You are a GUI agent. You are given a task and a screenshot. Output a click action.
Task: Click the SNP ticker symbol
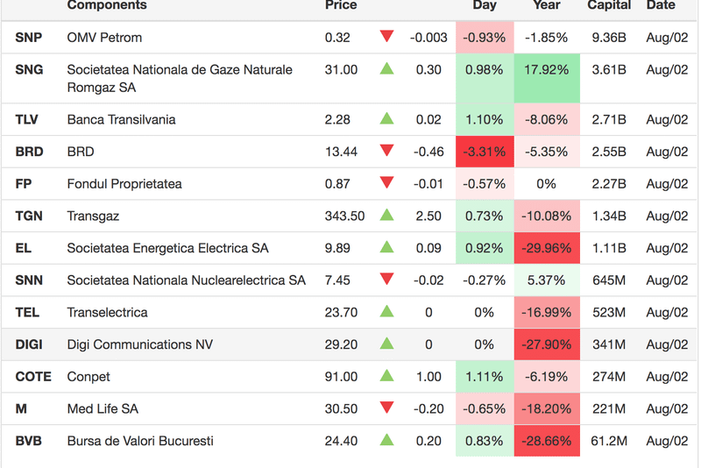[x=29, y=38]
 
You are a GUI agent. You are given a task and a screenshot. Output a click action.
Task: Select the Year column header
[x=546, y=5]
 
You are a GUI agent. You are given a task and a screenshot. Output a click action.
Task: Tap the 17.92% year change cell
[x=546, y=70]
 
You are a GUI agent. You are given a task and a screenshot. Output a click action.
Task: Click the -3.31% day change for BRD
[x=484, y=152]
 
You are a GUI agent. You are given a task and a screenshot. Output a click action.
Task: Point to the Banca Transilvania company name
[x=121, y=120]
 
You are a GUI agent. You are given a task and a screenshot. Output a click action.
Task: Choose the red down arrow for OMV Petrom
[x=386, y=37]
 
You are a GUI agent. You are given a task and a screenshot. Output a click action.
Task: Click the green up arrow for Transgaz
[x=386, y=216]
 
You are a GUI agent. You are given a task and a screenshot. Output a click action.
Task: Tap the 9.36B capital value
[x=608, y=38]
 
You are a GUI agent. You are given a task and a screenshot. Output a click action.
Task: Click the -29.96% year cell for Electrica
[x=546, y=248]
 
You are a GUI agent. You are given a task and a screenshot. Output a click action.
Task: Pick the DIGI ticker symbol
[x=29, y=344]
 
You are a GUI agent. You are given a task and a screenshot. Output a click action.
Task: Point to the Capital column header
[x=609, y=5]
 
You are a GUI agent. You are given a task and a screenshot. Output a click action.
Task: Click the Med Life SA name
[x=103, y=409]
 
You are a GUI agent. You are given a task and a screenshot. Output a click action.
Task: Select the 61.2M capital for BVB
[x=608, y=441]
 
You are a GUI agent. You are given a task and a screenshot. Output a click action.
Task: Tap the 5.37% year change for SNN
[x=546, y=280]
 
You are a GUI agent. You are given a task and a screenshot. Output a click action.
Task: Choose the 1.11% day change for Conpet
[x=484, y=377]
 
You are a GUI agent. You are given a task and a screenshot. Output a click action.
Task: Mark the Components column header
[x=107, y=5]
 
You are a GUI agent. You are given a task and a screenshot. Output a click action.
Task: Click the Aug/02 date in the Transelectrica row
[x=667, y=313]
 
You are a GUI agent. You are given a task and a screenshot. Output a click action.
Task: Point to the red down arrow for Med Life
[x=386, y=408]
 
